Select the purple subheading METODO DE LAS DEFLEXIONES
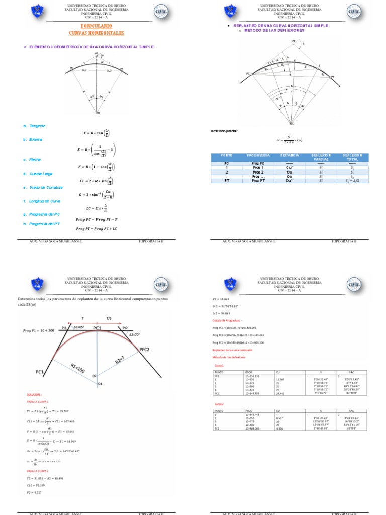coord(274,30)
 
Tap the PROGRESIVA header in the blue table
coord(259,156)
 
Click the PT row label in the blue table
coord(227,180)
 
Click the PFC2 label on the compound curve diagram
coord(144,349)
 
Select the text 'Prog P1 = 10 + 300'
coord(39,330)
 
